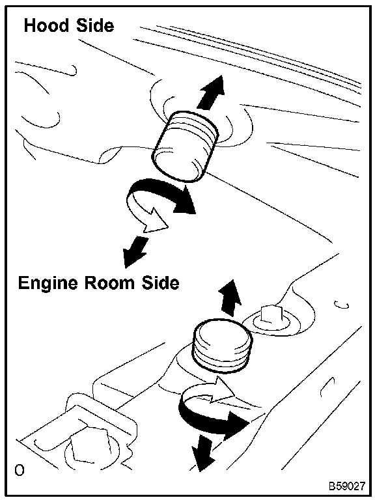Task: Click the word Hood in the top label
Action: (46, 25)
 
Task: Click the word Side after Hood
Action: (94, 25)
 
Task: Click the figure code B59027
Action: (347, 486)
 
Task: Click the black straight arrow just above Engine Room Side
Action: (135, 251)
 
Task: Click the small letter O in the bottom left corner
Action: (20, 470)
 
